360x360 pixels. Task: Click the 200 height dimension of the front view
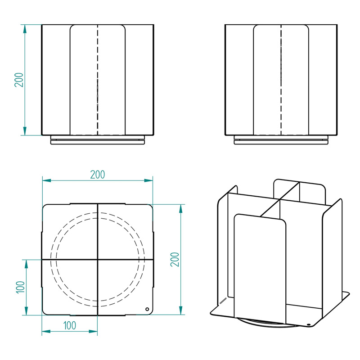coord(19,80)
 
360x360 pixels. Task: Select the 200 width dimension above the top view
coord(98,175)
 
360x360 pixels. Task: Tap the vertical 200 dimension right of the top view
coord(175,260)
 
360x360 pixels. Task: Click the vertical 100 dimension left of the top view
coord(20,287)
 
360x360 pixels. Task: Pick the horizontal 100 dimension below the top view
coord(70,325)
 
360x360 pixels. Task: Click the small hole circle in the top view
coord(147,309)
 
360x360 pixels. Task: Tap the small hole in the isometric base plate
coord(309,324)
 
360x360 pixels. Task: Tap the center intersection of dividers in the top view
coord(98,260)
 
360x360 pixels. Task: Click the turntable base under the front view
coord(98,140)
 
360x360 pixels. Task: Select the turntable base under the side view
coord(281,140)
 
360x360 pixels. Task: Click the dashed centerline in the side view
coord(281,80)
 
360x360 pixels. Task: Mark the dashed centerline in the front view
coord(98,80)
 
